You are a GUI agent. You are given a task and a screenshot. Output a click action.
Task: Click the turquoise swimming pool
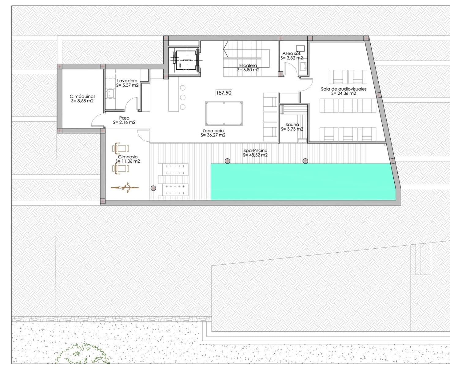[x=302, y=182]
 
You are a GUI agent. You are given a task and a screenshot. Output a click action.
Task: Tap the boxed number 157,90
[x=224, y=93]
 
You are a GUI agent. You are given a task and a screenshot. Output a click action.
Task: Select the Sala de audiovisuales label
[x=343, y=89]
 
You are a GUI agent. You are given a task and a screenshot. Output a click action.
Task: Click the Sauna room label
[x=292, y=124]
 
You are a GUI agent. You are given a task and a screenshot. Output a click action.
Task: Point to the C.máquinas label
[x=82, y=96]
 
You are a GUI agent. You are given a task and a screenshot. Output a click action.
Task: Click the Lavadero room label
[x=127, y=81]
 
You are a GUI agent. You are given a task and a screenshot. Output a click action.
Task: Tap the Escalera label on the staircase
[x=248, y=65]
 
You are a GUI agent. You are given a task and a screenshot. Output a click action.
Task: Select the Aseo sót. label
[x=292, y=54]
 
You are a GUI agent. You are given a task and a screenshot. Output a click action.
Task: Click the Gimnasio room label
[x=128, y=157]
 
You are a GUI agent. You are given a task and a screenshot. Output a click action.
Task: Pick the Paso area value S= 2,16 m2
[x=124, y=122]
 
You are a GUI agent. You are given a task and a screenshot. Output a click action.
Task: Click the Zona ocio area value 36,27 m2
[x=213, y=135]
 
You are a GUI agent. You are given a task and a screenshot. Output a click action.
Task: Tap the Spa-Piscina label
[x=255, y=150]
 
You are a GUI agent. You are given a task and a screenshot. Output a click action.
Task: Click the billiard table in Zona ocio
[x=224, y=113]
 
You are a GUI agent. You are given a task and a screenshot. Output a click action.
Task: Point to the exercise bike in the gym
[x=125, y=187]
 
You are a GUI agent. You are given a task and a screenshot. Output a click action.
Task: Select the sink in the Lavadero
[x=110, y=93]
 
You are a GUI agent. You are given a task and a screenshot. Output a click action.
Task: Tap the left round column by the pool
[x=227, y=161]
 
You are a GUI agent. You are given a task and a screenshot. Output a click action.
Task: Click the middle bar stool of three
[x=183, y=98]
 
